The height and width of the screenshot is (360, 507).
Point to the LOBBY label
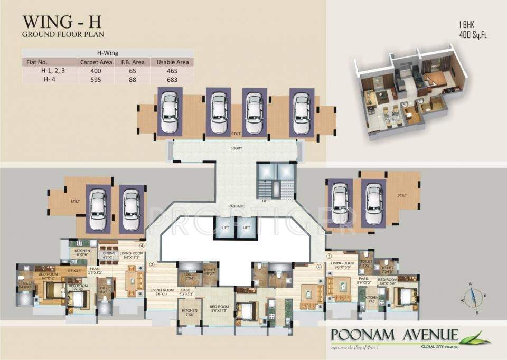point(236,148)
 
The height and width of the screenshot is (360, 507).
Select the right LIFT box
point(246,228)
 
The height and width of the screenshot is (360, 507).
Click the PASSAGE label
point(236,205)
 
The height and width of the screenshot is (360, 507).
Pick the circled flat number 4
point(142,245)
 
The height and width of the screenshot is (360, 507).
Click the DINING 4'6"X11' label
point(108,255)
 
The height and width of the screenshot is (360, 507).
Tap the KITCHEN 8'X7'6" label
point(83,252)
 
